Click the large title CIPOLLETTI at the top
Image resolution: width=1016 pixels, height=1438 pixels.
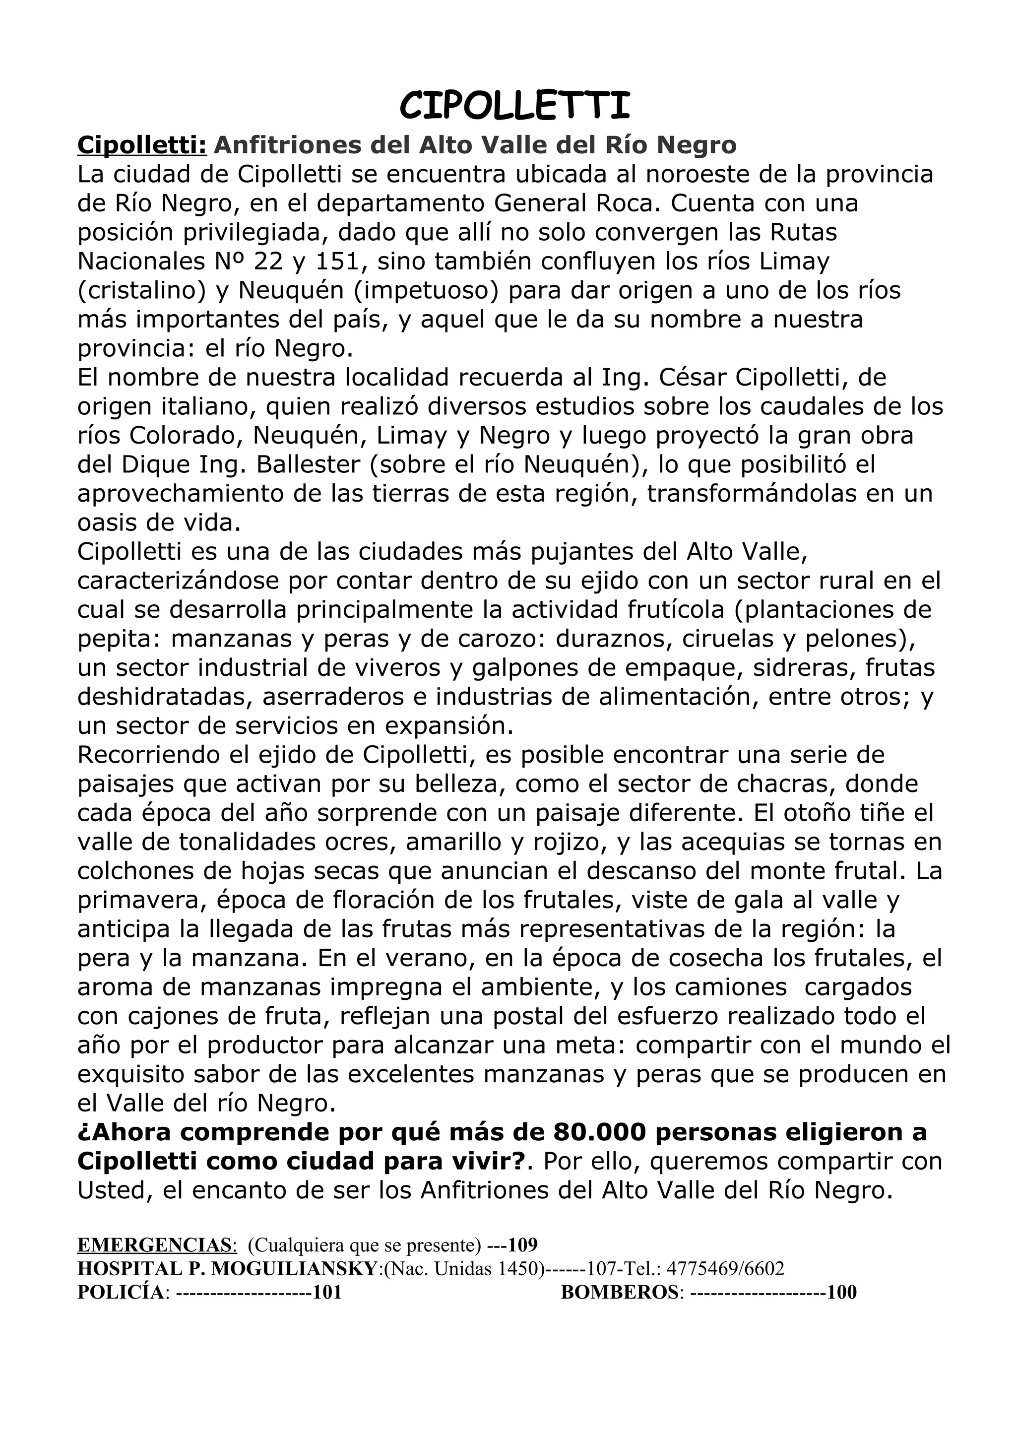click(x=514, y=105)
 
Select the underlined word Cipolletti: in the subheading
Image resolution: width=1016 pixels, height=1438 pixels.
click(x=141, y=145)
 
